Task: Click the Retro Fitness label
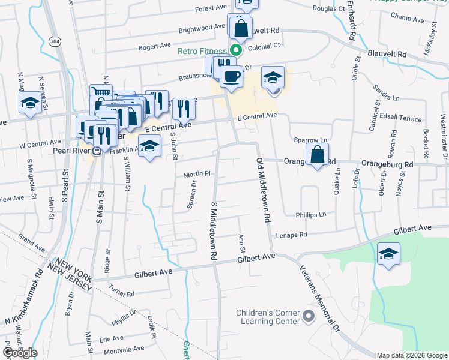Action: pyautogui.click(x=202, y=52)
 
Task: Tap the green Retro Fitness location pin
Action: pyautogui.click(x=236, y=50)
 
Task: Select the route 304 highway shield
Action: pyautogui.click(x=55, y=41)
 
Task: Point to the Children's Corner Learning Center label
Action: pyautogui.click(x=268, y=317)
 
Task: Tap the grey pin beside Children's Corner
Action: pyautogui.click(x=309, y=316)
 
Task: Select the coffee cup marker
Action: pyautogui.click(x=231, y=76)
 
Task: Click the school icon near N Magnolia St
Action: pyautogui.click(x=30, y=103)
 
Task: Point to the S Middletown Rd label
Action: pyautogui.click(x=213, y=230)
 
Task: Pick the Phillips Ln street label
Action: pyautogui.click(x=310, y=214)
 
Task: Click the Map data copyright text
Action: pyautogui.click(x=412, y=355)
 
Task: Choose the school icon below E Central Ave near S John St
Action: pyautogui.click(x=150, y=146)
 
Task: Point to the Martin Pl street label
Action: pyautogui.click(x=196, y=174)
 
